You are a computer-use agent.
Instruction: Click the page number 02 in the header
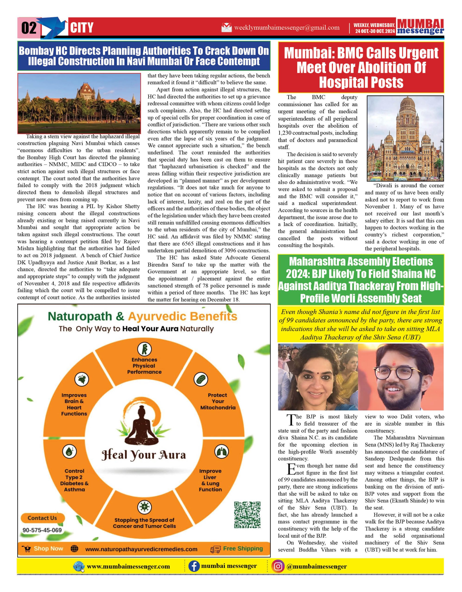pyautogui.click(x=29, y=28)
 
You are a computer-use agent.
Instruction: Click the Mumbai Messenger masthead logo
pyautogui.click(x=420, y=27)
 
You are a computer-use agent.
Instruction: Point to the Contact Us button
pyautogui.click(x=42, y=518)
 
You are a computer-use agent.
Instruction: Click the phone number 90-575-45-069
pyautogui.click(x=42, y=530)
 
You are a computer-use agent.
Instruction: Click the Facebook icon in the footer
pyautogui.click(x=194, y=566)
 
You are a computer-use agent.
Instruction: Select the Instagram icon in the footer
pyautogui.click(x=278, y=566)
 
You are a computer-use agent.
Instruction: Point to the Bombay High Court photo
pyautogui.click(x=79, y=103)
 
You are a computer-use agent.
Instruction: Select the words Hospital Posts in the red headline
pyautogui.click(x=361, y=82)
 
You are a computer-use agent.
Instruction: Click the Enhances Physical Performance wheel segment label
pyautogui.click(x=144, y=366)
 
